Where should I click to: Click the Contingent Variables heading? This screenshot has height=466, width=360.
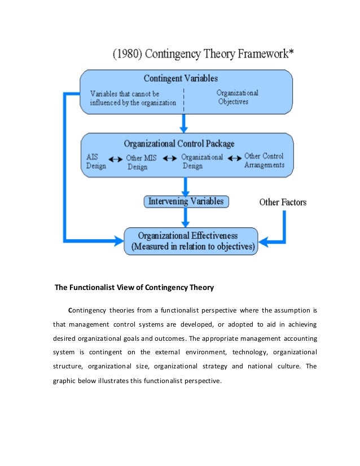coord(181,78)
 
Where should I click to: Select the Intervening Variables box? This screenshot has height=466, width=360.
coord(186,201)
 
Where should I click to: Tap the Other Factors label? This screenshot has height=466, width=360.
coord(283,201)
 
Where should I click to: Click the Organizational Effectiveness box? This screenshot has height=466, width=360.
coord(191,241)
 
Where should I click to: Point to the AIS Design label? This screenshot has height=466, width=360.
coord(95,161)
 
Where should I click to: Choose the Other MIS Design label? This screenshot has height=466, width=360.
coord(141,162)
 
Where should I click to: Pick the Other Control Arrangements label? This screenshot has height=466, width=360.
coord(264,161)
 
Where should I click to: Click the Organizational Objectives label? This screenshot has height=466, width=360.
coord(238,97)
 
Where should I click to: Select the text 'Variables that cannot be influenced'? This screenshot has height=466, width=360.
coord(133,98)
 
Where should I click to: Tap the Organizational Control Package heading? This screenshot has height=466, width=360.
coord(179,143)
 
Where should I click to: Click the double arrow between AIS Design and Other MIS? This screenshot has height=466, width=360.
coord(116,160)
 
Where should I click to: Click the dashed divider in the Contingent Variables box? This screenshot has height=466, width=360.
coord(184,96)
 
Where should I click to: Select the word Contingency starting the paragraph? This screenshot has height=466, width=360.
coord(89,310)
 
